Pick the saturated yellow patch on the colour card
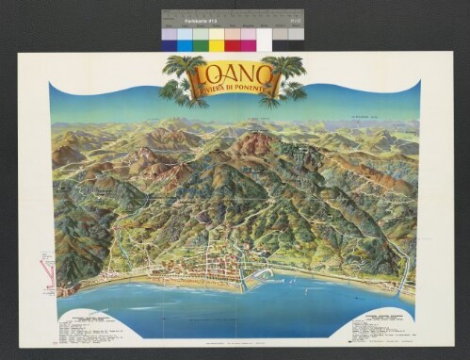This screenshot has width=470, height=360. [217, 41]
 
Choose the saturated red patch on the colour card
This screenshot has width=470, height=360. [233, 41]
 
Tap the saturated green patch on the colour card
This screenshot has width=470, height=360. [201, 41]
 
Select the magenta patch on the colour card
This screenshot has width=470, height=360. [249, 41]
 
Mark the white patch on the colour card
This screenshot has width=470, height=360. [265, 41]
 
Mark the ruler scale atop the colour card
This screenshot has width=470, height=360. [231, 25]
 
